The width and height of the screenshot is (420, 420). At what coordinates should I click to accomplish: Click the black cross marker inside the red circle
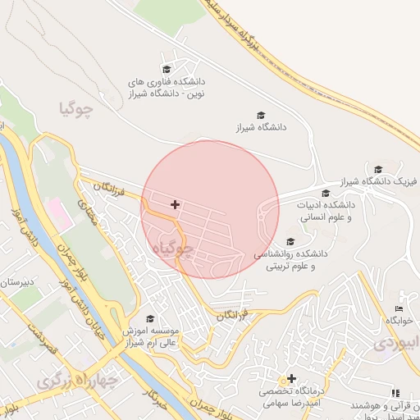tap(175, 204)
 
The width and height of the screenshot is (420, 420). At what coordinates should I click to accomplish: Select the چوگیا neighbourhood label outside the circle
tap(76, 107)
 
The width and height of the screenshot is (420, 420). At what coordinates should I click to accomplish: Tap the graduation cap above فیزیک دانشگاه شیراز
tap(378, 168)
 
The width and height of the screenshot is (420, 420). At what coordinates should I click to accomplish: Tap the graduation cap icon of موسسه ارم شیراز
tap(149, 318)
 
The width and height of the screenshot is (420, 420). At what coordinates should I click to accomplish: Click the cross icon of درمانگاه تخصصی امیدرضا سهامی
tap(291, 378)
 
